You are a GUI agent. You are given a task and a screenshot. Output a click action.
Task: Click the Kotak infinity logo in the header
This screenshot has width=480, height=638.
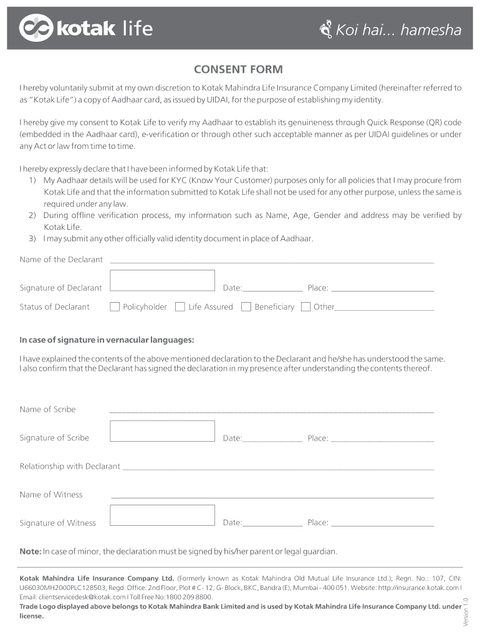36,28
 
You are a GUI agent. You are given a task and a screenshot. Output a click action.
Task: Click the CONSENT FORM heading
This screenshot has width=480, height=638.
238,69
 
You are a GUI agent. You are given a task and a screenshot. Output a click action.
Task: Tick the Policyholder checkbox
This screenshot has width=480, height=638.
115,307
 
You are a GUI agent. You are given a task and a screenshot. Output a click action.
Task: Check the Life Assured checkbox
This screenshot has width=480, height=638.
180,307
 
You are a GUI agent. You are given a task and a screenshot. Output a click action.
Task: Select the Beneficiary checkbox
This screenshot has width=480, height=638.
246,307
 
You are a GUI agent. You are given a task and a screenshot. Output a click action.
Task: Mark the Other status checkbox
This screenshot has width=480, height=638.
305,307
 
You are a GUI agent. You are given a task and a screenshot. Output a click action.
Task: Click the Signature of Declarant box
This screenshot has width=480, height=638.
162,280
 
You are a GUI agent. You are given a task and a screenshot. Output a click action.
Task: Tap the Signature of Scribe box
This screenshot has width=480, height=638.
162,431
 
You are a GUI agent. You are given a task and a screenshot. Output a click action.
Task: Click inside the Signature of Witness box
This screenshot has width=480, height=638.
162,515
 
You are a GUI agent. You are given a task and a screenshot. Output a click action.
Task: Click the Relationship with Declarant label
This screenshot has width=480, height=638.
70,466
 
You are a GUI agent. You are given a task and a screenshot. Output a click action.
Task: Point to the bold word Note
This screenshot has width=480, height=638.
30,551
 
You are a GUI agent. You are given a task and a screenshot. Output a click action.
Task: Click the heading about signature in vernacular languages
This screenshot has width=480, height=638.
107,340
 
